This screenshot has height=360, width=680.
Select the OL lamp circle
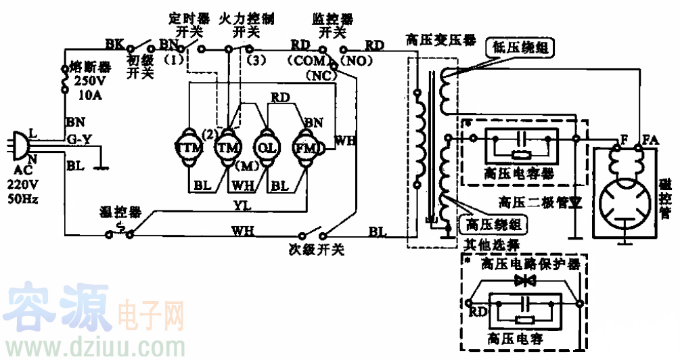point(265,147)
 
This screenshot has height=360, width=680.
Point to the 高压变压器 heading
point(432,40)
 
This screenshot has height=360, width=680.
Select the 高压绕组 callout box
point(492,223)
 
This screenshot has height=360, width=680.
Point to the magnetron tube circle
point(624,202)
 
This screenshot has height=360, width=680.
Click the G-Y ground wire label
point(78,140)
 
